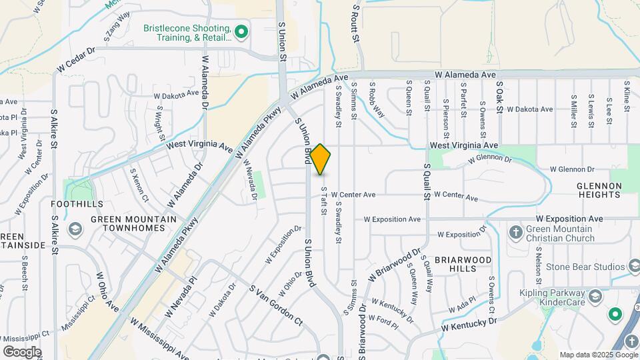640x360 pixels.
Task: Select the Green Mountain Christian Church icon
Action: tap(515, 232)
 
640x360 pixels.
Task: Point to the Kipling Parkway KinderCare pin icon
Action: tap(595, 295)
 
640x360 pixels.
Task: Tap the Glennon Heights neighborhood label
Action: tap(600, 190)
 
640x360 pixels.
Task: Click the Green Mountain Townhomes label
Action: tap(133, 223)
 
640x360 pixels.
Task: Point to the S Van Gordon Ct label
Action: tap(276, 306)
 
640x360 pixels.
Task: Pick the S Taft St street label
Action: tap(325, 200)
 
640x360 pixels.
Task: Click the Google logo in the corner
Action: tap(22, 351)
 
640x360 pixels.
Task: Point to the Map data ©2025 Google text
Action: tap(599, 355)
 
